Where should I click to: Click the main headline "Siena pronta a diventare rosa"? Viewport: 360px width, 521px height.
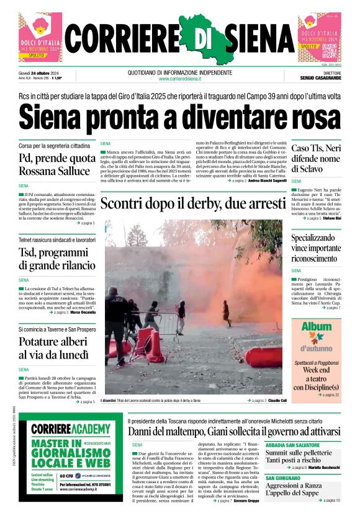pyautogui.click(x=180, y=117)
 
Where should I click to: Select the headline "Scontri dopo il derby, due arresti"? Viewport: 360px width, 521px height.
pyautogui.click(x=192, y=203)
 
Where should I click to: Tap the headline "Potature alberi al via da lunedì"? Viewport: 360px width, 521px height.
pyautogui.click(x=53, y=348)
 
